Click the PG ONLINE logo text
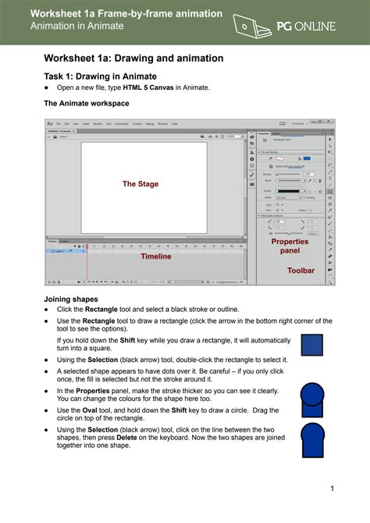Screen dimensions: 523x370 coord(305,27)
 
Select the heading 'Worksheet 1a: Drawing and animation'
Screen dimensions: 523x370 coord(133,58)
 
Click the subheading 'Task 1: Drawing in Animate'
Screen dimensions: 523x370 coord(100,76)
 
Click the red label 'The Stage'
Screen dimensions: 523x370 coord(141,184)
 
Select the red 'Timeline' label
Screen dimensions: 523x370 coord(155,256)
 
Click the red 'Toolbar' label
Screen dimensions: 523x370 coord(301,270)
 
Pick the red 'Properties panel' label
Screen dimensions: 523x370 coord(290,246)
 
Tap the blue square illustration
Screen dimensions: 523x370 coord(312,346)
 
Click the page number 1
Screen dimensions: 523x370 coord(332,489)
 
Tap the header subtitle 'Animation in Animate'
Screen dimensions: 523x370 coord(76,26)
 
